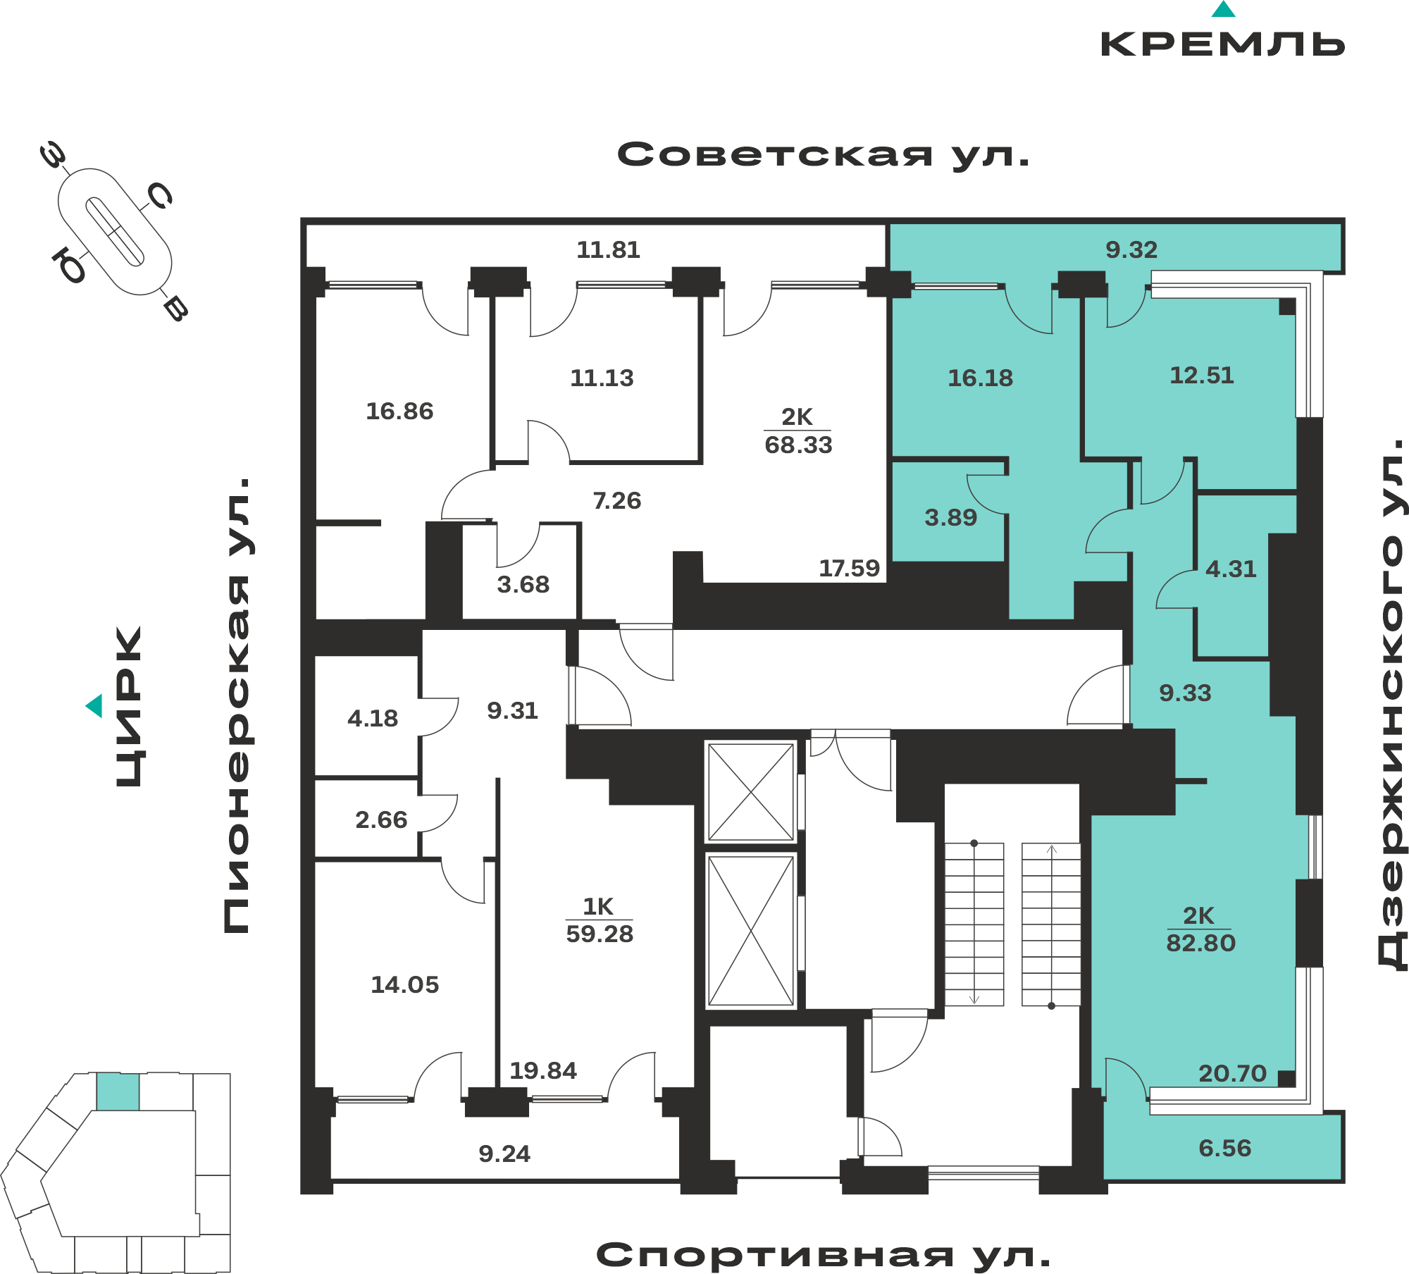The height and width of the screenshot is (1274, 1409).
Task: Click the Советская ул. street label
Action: (x=823, y=154)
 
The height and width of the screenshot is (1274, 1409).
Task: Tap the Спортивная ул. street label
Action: (x=823, y=1255)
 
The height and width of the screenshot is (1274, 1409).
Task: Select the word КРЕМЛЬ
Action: (x=1223, y=44)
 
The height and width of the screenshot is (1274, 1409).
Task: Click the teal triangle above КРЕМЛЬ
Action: (x=1224, y=9)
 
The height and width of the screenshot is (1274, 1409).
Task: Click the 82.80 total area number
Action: (x=1201, y=943)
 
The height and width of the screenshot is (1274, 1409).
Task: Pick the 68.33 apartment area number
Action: (x=798, y=445)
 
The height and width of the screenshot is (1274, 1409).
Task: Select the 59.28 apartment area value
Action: (x=600, y=934)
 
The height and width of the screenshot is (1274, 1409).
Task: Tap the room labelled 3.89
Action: (x=950, y=517)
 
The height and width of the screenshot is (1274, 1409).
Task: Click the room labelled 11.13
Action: (x=602, y=378)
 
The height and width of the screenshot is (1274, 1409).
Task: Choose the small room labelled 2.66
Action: (x=381, y=820)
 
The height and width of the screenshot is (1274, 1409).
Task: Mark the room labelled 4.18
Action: (x=373, y=718)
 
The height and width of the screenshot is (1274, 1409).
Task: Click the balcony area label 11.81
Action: (x=608, y=249)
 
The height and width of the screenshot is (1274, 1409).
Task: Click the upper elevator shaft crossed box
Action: (x=751, y=792)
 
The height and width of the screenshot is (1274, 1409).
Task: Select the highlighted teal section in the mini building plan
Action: (x=118, y=1091)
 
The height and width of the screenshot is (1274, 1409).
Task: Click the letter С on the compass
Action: (x=160, y=196)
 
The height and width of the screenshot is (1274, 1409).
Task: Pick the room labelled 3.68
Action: (x=523, y=584)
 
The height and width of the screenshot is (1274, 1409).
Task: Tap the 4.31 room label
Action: (x=1231, y=569)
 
